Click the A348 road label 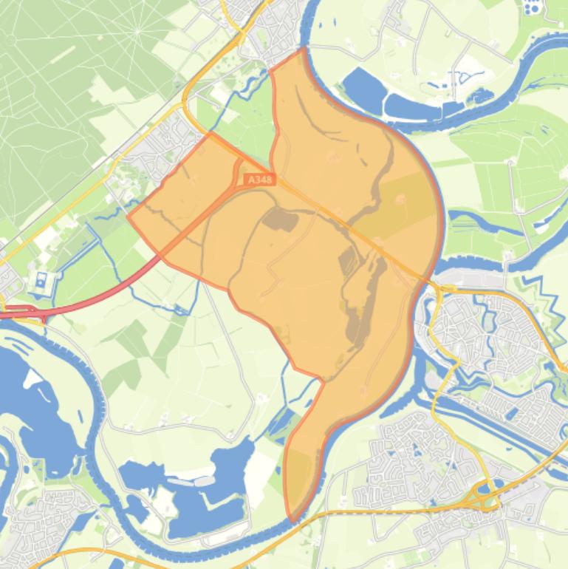click(x=259, y=180)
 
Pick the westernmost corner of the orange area click(x=129, y=217)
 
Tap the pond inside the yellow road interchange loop click(x=485, y=488)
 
